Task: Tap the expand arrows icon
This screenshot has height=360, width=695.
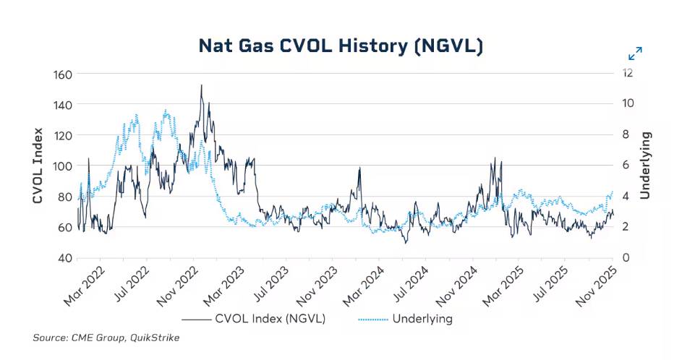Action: pyautogui.click(x=635, y=53)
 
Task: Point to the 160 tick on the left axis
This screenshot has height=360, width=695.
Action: pyautogui.click(x=62, y=74)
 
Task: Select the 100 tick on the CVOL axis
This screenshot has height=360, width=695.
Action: pyautogui.click(x=62, y=166)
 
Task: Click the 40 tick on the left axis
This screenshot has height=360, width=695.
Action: pyautogui.click(x=64, y=258)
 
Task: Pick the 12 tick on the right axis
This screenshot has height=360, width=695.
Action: pyautogui.click(x=628, y=72)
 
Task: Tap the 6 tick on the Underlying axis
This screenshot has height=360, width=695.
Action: pyautogui.click(x=626, y=165)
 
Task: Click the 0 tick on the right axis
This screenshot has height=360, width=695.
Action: pyautogui.click(x=626, y=257)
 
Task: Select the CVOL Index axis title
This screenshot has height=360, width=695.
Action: pyautogui.click(x=38, y=166)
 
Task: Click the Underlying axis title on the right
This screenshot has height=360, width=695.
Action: pyautogui.click(x=645, y=165)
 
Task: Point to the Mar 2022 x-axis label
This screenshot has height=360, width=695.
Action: pyautogui.click(x=84, y=286)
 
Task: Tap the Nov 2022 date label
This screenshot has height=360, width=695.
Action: pyautogui.click(x=177, y=286)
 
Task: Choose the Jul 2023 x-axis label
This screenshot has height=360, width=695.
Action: pyautogui.click(x=271, y=284)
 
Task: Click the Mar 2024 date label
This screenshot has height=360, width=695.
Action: pyautogui.click(x=364, y=286)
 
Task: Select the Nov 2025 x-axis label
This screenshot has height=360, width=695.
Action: pyautogui.click(x=596, y=286)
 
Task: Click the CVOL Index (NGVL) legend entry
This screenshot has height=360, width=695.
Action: pyautogui.click(x=254, y=319)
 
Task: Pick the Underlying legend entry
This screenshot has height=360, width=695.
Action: pyautogui.click(x=405, y=319)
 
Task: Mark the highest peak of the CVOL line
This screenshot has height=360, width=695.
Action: pyautogui.click(x=201, y=85)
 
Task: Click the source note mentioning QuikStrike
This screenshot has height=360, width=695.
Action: pyautogui.click(x=106, y=338)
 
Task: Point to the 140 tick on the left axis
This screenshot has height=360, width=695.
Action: pyautogui.click(x=62, y=105)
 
